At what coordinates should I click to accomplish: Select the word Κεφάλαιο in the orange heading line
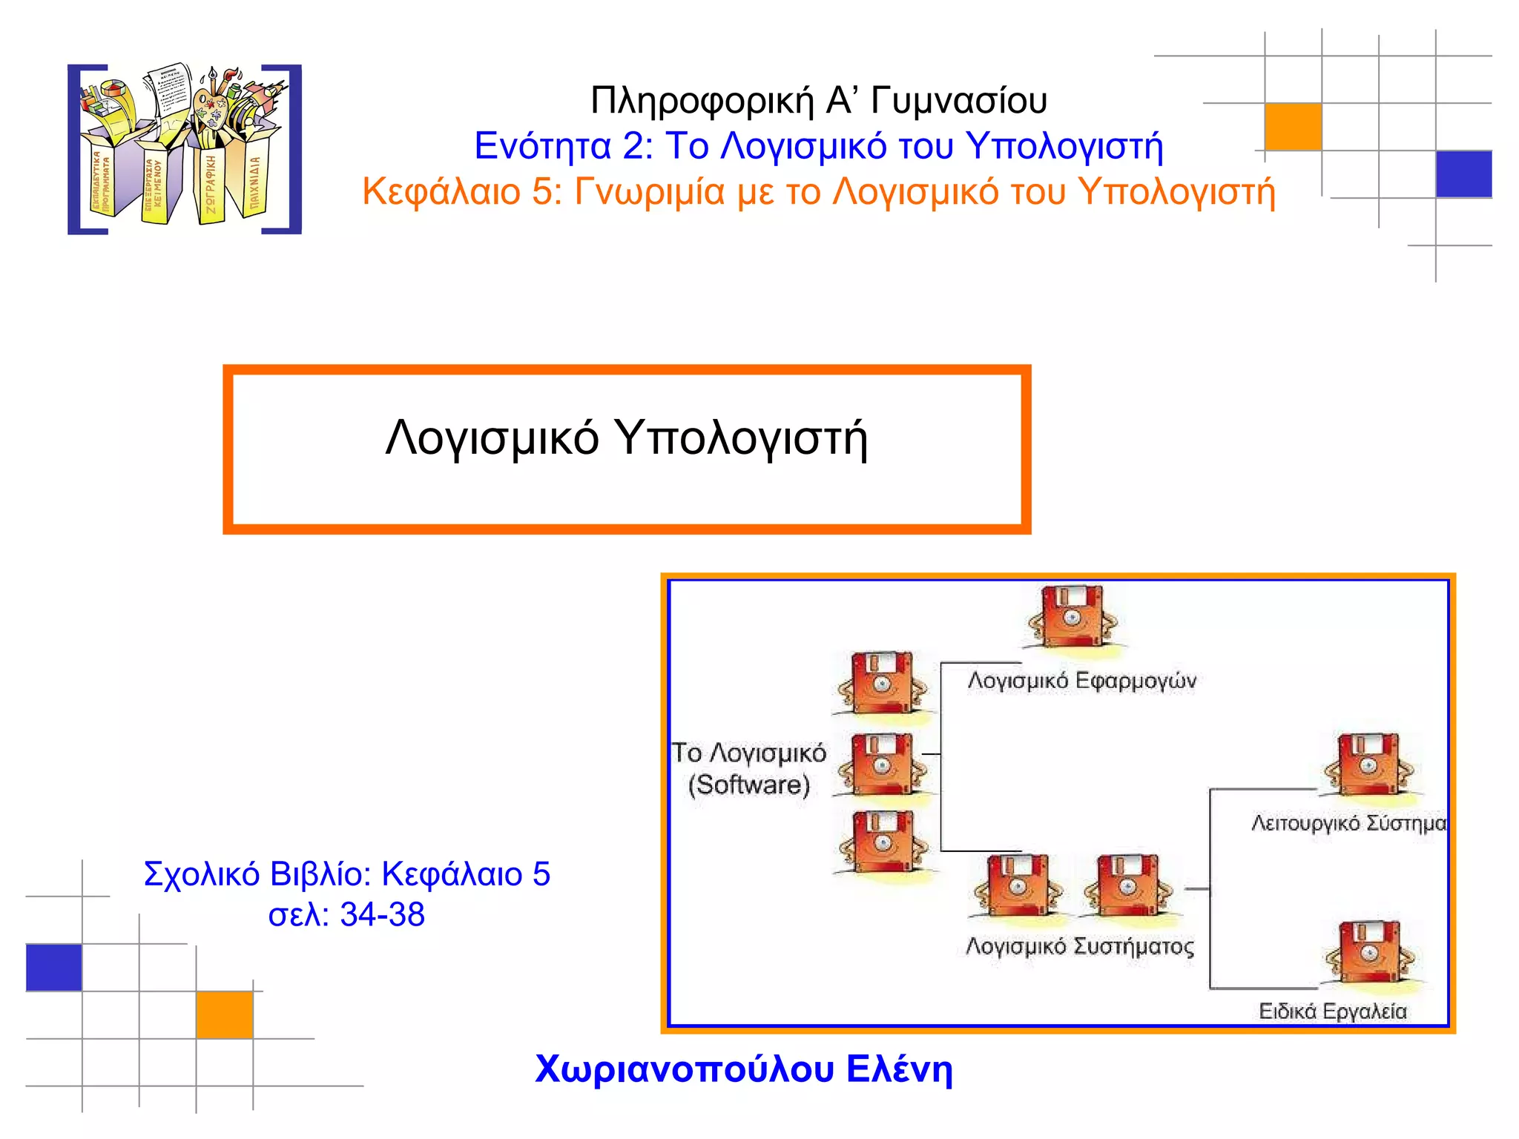click(441, 192)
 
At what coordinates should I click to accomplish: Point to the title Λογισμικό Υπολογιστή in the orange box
click(626, 438)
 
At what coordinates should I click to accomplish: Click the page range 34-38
click(382, 915)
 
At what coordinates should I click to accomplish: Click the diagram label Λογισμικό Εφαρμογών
click(1081, 681)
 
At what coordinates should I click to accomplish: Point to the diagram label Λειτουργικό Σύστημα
click(1348, 823)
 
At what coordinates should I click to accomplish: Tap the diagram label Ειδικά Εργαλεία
click(1332, 1011)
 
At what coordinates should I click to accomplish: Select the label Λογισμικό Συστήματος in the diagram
click(1080, 947)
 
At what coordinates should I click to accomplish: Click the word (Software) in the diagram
click(749, 785)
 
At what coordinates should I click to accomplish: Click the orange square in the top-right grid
click(1293, 127)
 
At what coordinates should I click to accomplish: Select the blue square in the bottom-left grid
click(53, 968)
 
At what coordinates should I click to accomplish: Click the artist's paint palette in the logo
click(211, 109)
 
